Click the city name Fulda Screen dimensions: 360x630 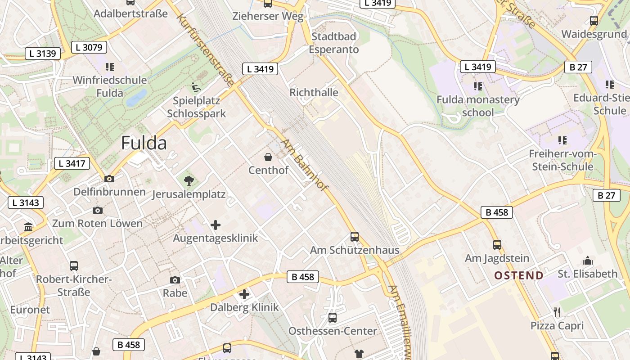click(x=144, y=143)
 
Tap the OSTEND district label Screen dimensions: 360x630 click(x=519, y=275)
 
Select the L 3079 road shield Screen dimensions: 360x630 click(x=89, y=47)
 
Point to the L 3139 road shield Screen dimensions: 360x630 click(x=43, y=54)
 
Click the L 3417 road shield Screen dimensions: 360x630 click(x=72, y=163)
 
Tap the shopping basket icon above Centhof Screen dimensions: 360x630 click(x=268, y=157)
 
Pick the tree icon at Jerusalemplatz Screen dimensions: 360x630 click(x=189, y=181)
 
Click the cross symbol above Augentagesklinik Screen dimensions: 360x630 click(x=216, y=225)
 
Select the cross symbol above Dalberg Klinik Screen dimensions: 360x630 click(x=244, y=294)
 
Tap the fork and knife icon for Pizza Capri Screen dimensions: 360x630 click(x=557, y=312)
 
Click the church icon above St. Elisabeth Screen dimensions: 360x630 click(x=587, y=261)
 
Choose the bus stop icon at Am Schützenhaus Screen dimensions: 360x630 click(x=355, y=236)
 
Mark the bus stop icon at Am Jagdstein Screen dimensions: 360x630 click(x=497, y=244)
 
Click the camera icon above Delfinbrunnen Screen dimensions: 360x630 click(x=109, y=179)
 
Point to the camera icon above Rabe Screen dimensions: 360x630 click(x=175, y=280)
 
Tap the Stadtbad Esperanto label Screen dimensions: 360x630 click(x=333, y=43)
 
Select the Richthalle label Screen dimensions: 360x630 click(x=314, y=92)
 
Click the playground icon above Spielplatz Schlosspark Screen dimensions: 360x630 click(x=196, y=86)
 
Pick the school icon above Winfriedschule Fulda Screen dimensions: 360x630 click(x=110, y=67)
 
